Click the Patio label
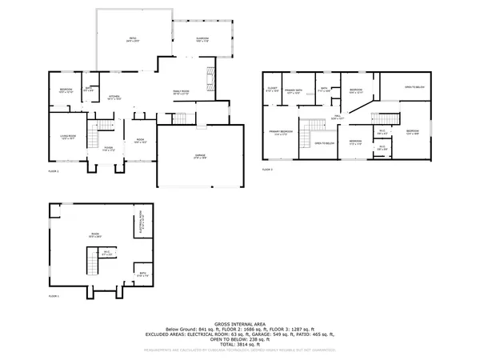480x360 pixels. pos(134,39)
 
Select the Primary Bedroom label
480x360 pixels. pos(280,133)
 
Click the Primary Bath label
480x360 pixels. pos(294,91)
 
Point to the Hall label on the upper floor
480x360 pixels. pos(338,117)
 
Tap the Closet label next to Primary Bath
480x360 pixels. pos(272,89)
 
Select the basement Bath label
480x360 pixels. pos(142,274)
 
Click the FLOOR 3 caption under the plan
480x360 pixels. pos(267,170)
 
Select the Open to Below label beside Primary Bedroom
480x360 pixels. pos(324,144)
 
